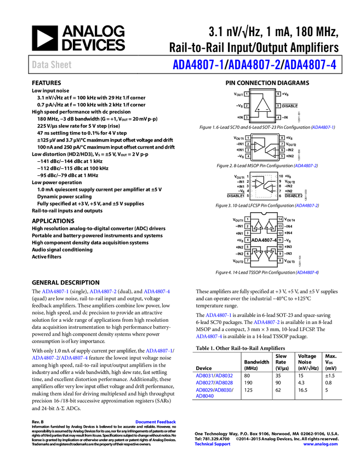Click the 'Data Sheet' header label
52,65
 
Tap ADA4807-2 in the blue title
254,65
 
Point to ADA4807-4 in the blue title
310,65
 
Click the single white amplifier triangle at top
263,106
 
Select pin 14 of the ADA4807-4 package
280,219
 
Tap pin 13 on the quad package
280,226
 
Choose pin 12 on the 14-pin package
280,233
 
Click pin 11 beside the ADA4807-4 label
280,240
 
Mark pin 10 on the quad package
280,247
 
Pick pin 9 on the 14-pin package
280,254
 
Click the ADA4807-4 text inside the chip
264,240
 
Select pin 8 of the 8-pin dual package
282,138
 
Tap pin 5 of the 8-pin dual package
282,156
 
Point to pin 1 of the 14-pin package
248,219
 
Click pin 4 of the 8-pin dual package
248,156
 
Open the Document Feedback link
156,422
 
